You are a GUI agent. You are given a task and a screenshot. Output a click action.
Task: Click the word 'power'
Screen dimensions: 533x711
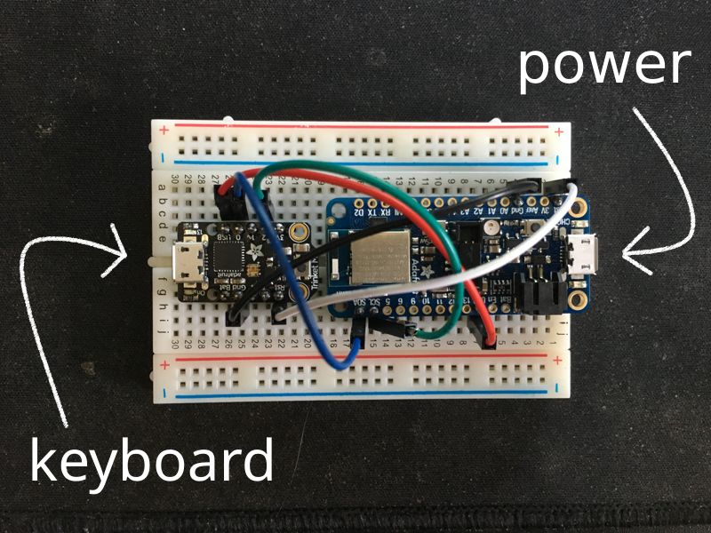click(604, 67)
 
